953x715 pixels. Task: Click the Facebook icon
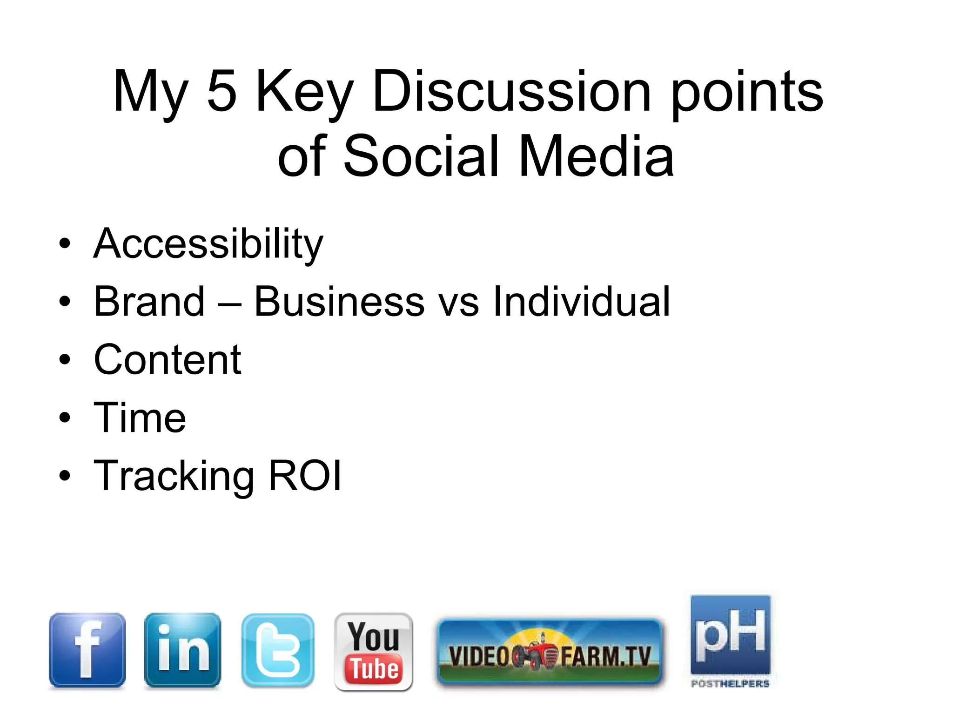point(87,650)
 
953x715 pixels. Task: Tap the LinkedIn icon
point(182,650)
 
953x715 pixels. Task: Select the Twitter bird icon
point(278,650)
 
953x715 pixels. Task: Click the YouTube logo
point(373,651)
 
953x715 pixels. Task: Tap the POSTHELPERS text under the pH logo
point(730,684)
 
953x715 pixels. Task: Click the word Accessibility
point(208,244)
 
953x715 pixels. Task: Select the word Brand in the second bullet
point(149,302)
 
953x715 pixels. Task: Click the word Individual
point(581,302)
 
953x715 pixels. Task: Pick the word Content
point(168,360)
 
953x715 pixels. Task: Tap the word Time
point(140,418)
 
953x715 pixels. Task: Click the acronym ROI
point(305,476)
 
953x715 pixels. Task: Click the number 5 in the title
point(221,91)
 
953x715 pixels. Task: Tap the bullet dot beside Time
point(65,418)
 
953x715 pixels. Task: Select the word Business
point(339,302)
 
